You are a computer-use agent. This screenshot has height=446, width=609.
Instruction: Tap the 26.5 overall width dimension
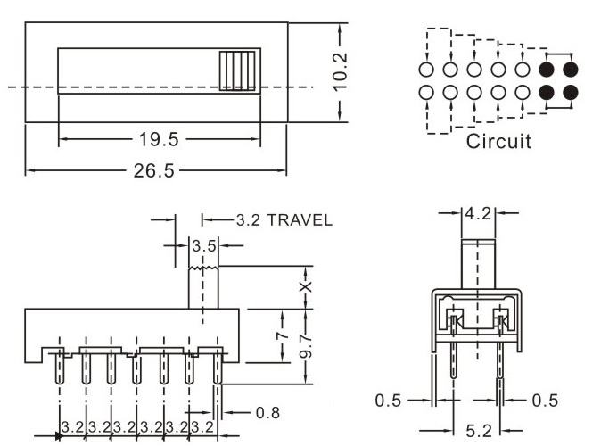tap(153, 171)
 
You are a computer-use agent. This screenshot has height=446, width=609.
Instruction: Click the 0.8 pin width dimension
tap(268, 412)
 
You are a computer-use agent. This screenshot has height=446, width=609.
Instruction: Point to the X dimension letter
tap(306, 287)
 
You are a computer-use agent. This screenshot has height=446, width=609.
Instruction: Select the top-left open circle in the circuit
tap(426, 69)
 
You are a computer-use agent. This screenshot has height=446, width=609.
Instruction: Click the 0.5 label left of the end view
tap(388, 401)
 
